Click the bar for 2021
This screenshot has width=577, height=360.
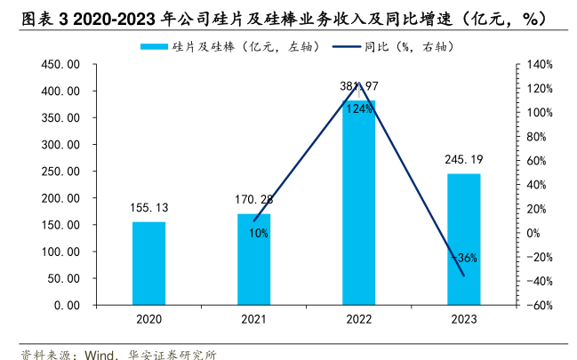(x=253, y=259)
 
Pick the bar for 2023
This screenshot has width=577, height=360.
(x=463, y=239)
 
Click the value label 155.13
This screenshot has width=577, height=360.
(x=149, y=208)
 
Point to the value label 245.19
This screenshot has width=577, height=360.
(x=463, y=160)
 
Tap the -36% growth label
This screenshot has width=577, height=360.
(x=464, y=259)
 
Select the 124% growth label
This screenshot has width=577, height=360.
(x=359, y=108)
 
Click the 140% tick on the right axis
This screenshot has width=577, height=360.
(x=540, y=65)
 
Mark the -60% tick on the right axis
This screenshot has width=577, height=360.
(x=540, y=305)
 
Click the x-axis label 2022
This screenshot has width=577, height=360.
(x=359, y=320)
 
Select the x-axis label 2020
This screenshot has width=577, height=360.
(x=149, y=320)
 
